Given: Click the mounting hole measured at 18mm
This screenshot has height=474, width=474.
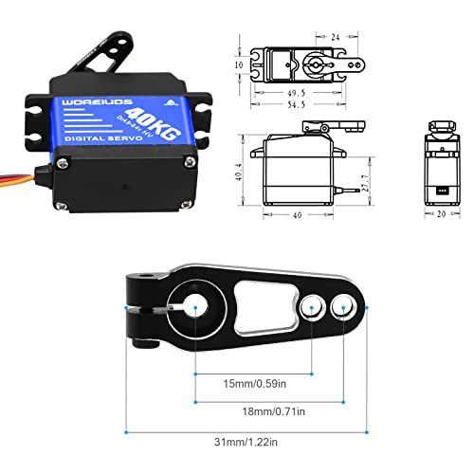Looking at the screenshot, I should pyautogui.click(x=343, y=307).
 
